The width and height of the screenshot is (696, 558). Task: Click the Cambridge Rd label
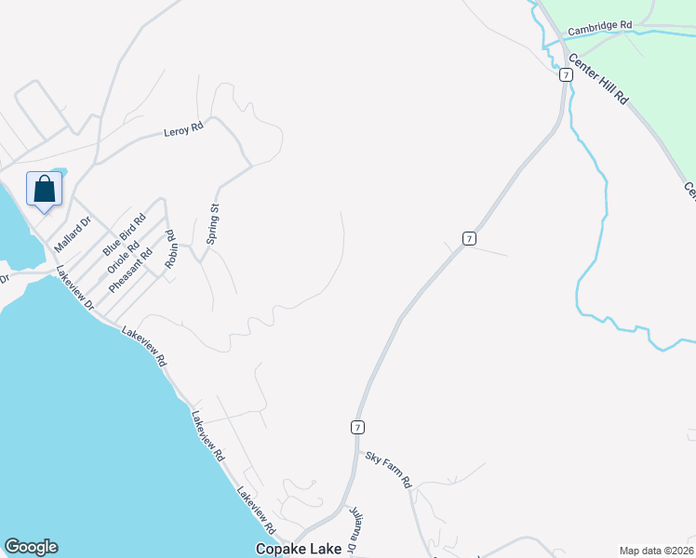(600, 27)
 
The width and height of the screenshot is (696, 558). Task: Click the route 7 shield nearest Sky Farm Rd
(357, 427)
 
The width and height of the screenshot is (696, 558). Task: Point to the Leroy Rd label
(182, 129)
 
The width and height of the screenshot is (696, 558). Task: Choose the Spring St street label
(213, 224)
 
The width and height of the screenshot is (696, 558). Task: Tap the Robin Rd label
(170, 248)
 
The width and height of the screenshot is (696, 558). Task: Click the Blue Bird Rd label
(125, 235)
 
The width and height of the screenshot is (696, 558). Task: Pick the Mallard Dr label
(72, 234)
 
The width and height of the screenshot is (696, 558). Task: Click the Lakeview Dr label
(75, 289)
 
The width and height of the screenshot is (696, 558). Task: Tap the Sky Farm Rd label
(388, 469)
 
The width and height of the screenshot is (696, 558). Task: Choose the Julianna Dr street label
(354, 530)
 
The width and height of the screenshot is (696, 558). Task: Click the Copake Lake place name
(297, 550)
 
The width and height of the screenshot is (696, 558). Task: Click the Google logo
(31, 547)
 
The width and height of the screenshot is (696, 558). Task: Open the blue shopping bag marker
(44, 190)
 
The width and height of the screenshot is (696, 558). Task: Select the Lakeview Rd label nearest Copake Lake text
(257, 510)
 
